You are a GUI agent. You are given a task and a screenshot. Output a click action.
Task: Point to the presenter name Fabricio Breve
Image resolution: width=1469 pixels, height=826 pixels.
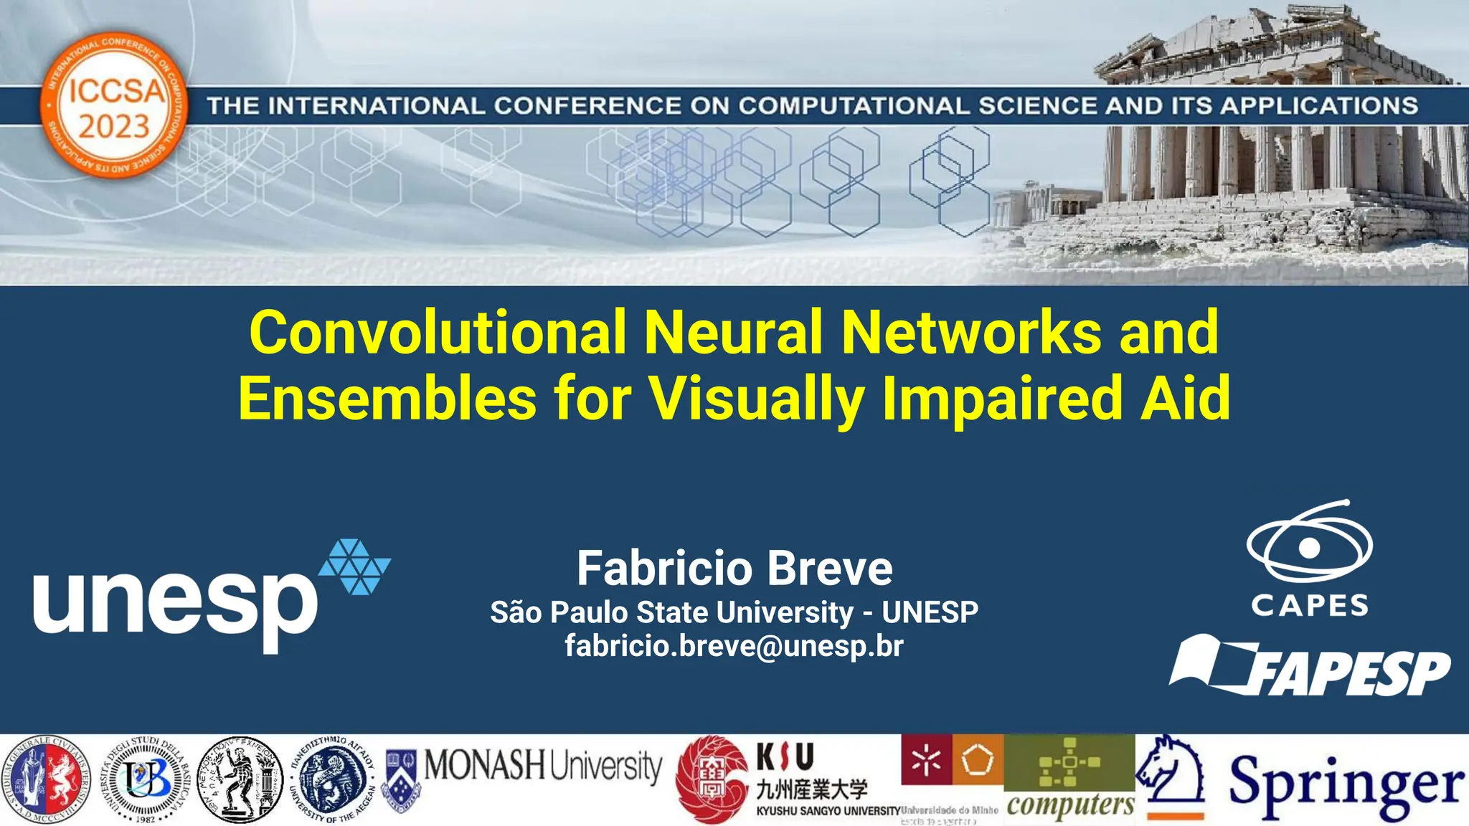734,568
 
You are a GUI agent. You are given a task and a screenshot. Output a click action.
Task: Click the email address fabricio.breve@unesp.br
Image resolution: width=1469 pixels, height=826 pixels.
734,646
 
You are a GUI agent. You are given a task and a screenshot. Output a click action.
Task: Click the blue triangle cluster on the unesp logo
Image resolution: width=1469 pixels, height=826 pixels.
354,566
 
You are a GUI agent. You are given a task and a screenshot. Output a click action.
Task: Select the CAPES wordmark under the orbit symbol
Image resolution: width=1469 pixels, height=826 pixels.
1310,606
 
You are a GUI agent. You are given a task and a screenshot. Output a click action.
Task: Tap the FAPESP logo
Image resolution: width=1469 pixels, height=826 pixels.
1310,667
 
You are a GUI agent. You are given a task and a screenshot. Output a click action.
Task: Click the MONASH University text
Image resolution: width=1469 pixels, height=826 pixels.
543,766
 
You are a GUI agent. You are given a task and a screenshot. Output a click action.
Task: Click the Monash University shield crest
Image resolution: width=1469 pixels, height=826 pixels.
402,778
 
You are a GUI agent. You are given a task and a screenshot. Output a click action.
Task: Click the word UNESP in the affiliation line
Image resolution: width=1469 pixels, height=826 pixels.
930,612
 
